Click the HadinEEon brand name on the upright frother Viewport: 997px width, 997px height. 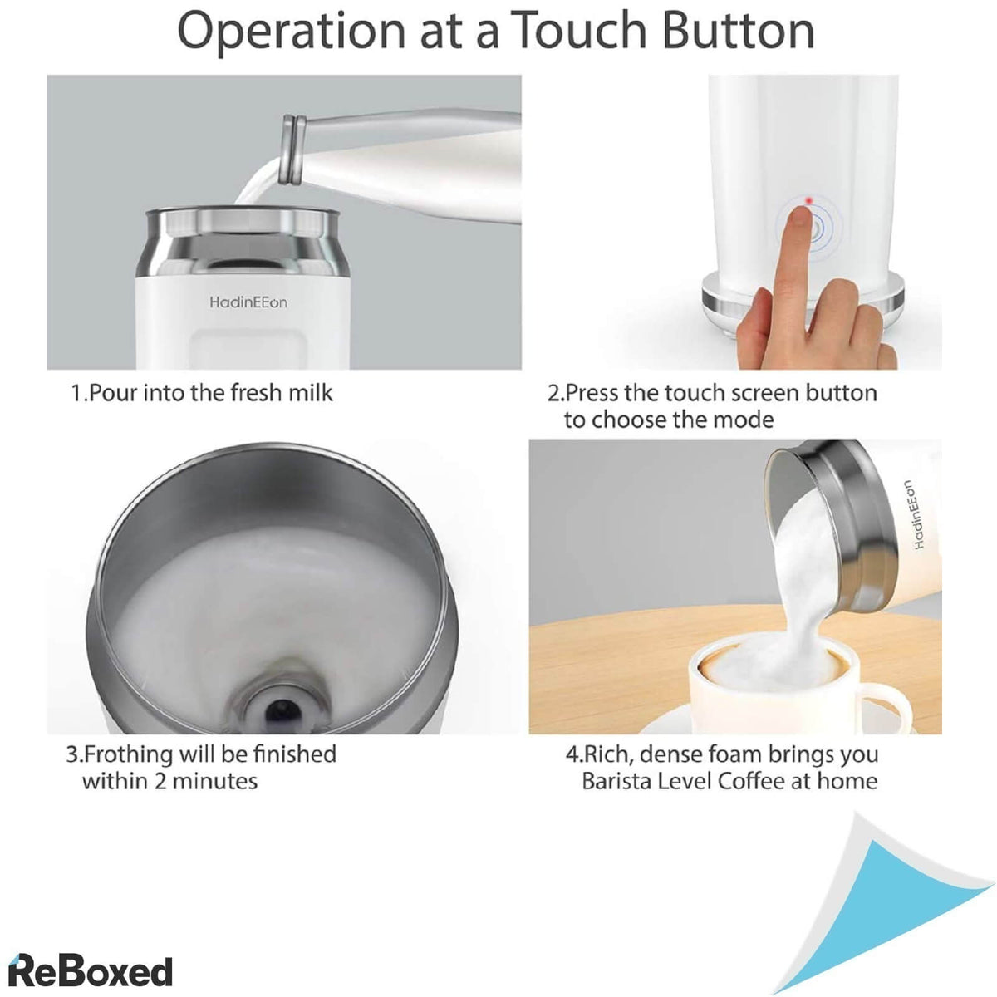click(x=248, y=302)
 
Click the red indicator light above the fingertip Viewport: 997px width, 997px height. click(x=806, y=199)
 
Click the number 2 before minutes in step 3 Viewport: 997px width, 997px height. click(x=161, y=781)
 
